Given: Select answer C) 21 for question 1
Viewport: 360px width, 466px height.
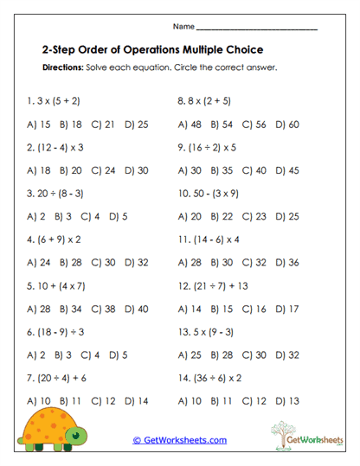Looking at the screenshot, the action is [103, 124].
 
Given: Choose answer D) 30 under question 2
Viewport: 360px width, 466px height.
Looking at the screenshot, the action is [137, 170].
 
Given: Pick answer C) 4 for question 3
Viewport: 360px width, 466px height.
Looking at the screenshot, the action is [93, 216].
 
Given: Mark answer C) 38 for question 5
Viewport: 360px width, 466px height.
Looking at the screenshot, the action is [103, 309].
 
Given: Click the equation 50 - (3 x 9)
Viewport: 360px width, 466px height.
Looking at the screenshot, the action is [216, 193].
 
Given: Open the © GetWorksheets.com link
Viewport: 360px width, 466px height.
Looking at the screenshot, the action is [180, 440].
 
